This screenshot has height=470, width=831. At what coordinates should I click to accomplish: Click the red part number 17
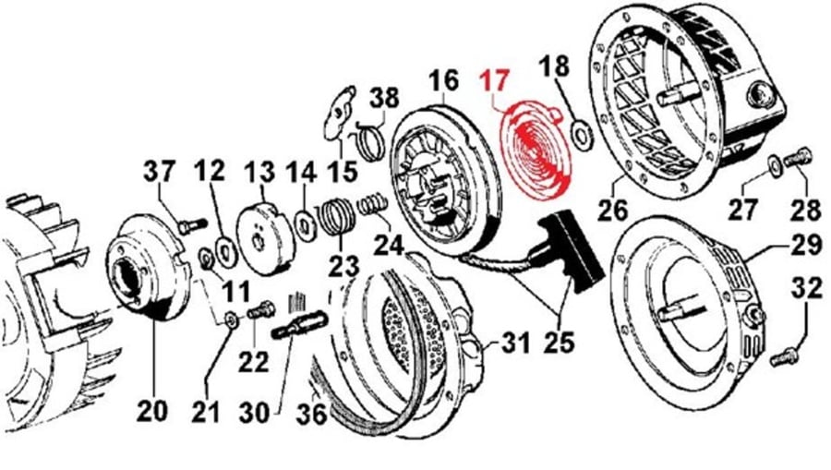click(495, 81)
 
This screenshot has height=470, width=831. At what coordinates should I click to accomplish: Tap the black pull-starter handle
click(571, 250)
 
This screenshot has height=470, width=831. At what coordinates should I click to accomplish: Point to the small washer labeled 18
click(582, 133)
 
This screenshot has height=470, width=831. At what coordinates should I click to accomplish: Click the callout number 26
click(612, 210)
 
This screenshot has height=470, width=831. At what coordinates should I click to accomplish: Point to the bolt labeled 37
click(191, 226)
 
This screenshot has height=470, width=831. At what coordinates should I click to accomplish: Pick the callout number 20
click(151, 411)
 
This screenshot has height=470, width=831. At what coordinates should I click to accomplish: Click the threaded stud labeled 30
click(300, 324)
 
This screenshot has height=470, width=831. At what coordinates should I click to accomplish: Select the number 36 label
click(311, 414)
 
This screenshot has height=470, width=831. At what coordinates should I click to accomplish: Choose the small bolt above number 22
click(260, 309)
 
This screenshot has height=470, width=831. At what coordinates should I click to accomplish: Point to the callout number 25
click(559, 342)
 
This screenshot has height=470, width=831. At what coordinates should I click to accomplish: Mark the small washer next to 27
click(775, 166)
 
